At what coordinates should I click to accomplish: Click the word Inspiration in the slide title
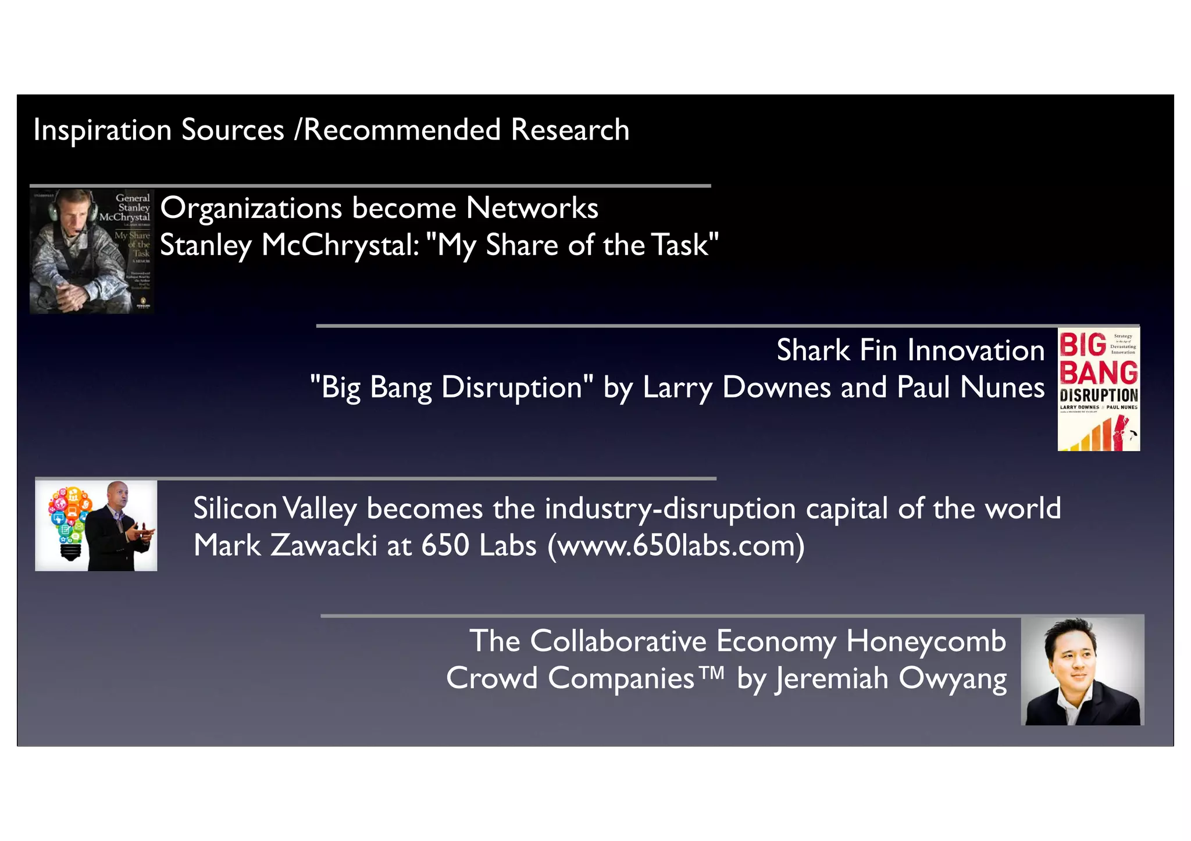coord(102,130)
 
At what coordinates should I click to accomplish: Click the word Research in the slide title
coord(570,130)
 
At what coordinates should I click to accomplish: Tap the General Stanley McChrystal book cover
coord(92,251)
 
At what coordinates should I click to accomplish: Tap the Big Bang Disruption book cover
coord(1099,389)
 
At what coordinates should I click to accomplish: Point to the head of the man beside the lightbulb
coord(118,495)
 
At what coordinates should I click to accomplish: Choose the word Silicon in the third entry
coord(235,509)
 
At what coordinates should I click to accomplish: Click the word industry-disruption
coord(670,509)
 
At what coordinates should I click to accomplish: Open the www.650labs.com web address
coord(676,546)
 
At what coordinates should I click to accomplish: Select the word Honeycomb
coord(926,641)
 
